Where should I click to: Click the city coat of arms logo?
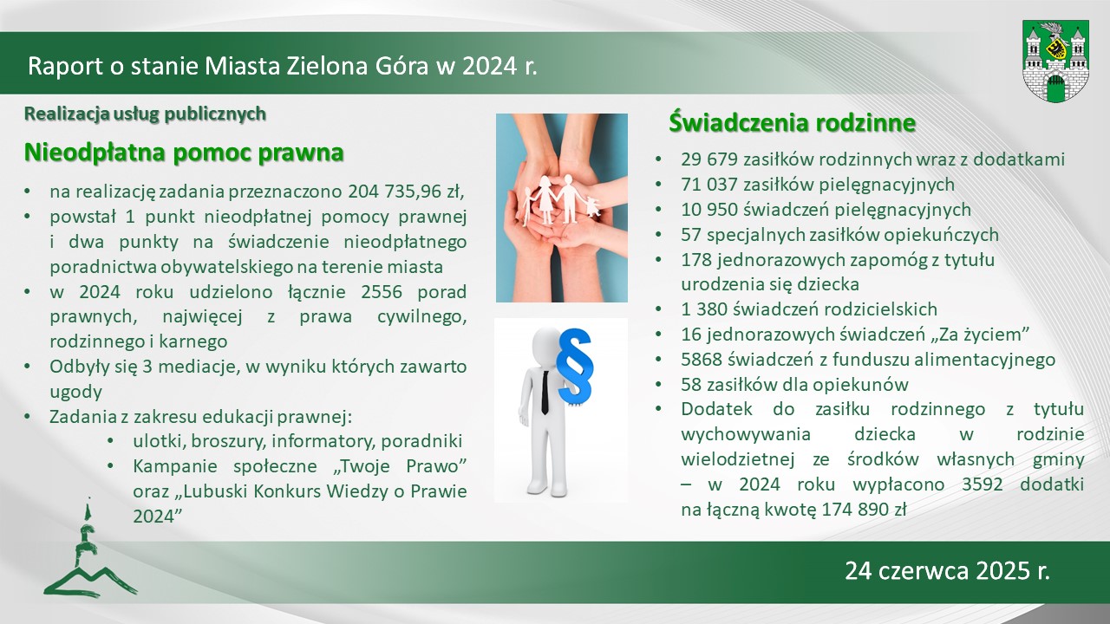click(1055, 62)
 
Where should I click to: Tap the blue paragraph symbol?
click(574, 366)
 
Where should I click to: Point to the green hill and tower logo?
click(90, 549)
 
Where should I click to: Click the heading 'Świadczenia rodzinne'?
click(792, 122)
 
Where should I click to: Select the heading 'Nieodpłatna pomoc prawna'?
click(184, 152)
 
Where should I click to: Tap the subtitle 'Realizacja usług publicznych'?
click(145, 114)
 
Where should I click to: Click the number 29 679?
click(708, 159)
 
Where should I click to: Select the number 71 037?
click(708, 185)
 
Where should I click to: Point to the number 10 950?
click(708, 210)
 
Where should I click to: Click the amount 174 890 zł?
click(865, 509)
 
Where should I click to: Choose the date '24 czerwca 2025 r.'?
click(948, 570)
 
